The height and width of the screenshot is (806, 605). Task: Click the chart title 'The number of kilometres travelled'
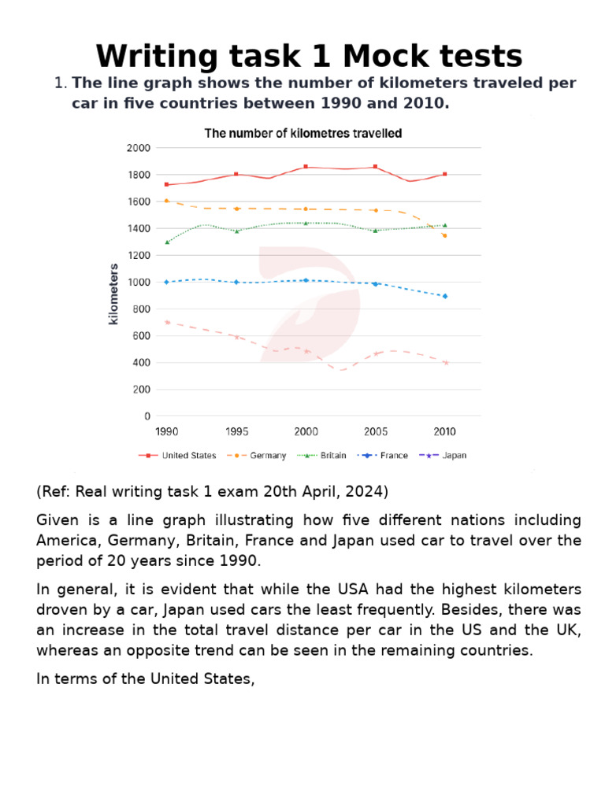[x=303, y=134]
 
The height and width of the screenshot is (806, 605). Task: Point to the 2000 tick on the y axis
[x=138, y=148]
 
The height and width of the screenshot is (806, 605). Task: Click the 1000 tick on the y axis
[x=138, y=282]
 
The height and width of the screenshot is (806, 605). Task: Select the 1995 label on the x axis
[x=236, y=431]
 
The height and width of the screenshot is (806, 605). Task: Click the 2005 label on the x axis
[x=375, y=431]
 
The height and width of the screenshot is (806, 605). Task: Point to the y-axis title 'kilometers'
[x=113, y=294]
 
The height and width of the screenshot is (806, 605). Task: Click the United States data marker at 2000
[x=306, y=167]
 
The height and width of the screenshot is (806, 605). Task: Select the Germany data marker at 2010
[x=445, y=235]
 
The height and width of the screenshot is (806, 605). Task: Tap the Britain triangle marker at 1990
[x=166, y=242]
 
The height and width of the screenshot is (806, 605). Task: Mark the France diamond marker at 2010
[x=445, y=296]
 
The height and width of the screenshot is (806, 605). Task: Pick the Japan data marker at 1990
[x=166, y=322]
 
